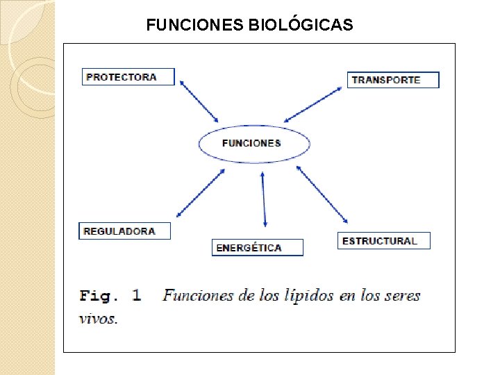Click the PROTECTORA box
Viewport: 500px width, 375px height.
128,76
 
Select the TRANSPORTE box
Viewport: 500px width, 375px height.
393,80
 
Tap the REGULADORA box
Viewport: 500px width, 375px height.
124,231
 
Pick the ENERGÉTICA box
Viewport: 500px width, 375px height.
257,248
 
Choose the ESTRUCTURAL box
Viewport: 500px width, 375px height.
383,241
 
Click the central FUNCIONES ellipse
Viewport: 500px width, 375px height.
253,144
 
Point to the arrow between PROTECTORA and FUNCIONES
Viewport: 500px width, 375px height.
199,101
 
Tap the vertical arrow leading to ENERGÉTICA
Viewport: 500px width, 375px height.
264,199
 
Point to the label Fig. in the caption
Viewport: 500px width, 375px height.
96,296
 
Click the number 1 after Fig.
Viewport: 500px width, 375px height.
136,296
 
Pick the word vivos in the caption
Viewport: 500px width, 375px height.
98,319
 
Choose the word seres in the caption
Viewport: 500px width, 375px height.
402,296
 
